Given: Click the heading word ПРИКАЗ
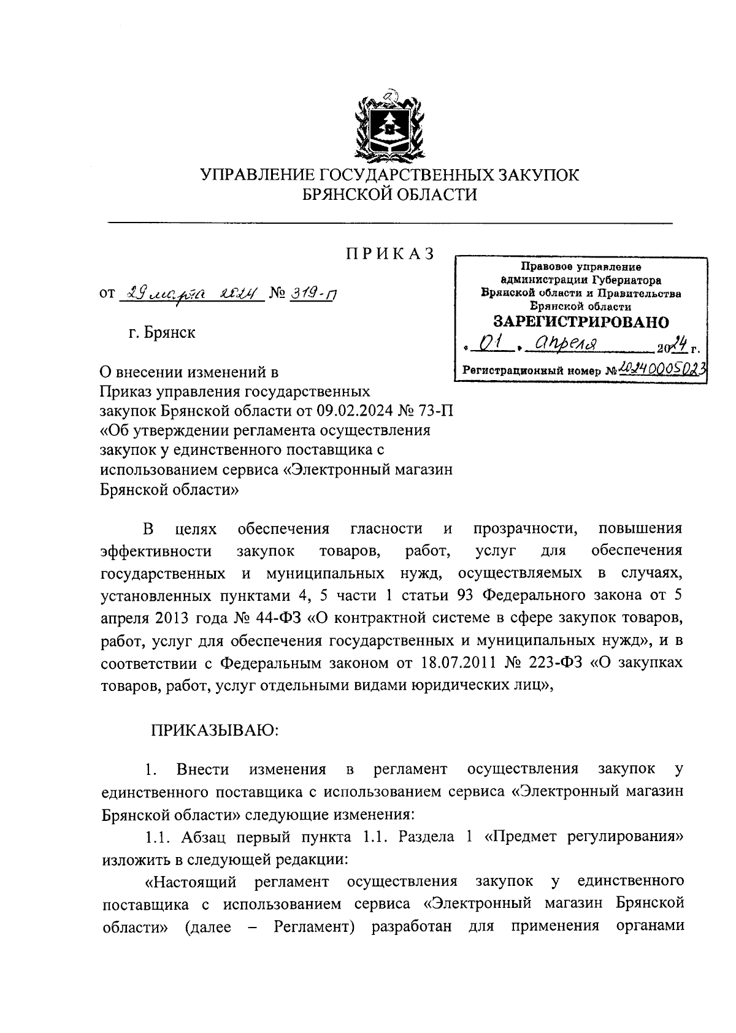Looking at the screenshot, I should coord(389,253).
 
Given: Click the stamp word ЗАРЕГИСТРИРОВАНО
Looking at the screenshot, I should coord(581,322).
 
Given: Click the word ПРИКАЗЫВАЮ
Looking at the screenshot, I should coord(215,730).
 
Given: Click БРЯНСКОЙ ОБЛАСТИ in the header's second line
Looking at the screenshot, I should coord(390,195).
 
